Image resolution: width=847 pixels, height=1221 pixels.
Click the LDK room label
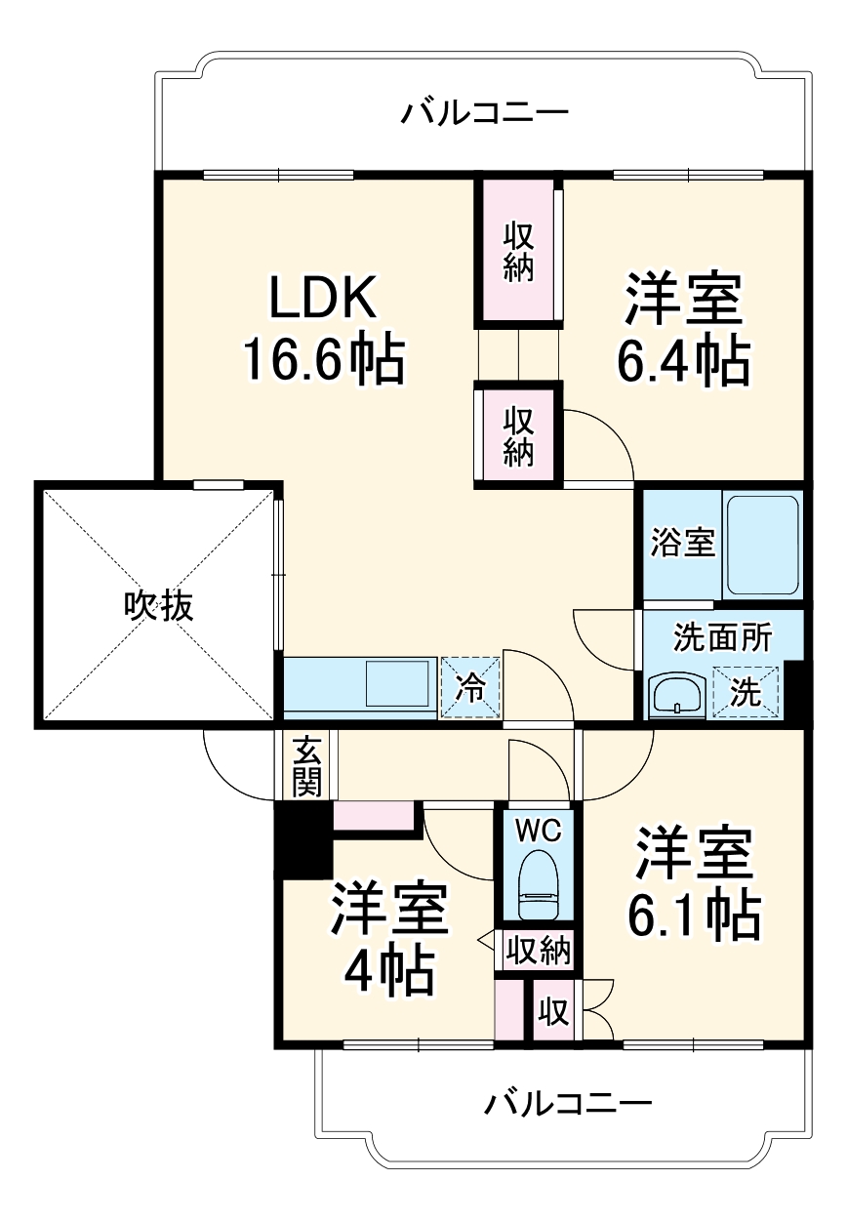click(323, 300)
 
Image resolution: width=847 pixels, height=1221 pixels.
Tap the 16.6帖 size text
click(323, 359)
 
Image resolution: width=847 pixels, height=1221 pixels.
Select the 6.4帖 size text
click(683, 361)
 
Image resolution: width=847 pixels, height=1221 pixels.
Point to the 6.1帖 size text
click(694, 914)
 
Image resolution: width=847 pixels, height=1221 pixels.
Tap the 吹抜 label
click(158, 606)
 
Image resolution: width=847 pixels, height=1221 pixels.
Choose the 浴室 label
click(682, 543)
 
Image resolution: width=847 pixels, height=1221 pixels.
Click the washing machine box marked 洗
click(746, 692)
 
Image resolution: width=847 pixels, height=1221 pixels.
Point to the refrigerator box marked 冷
click(470, 687)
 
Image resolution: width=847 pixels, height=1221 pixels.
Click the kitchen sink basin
click(398, 685)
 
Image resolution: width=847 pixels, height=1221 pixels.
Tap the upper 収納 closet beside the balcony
click(518, 251)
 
